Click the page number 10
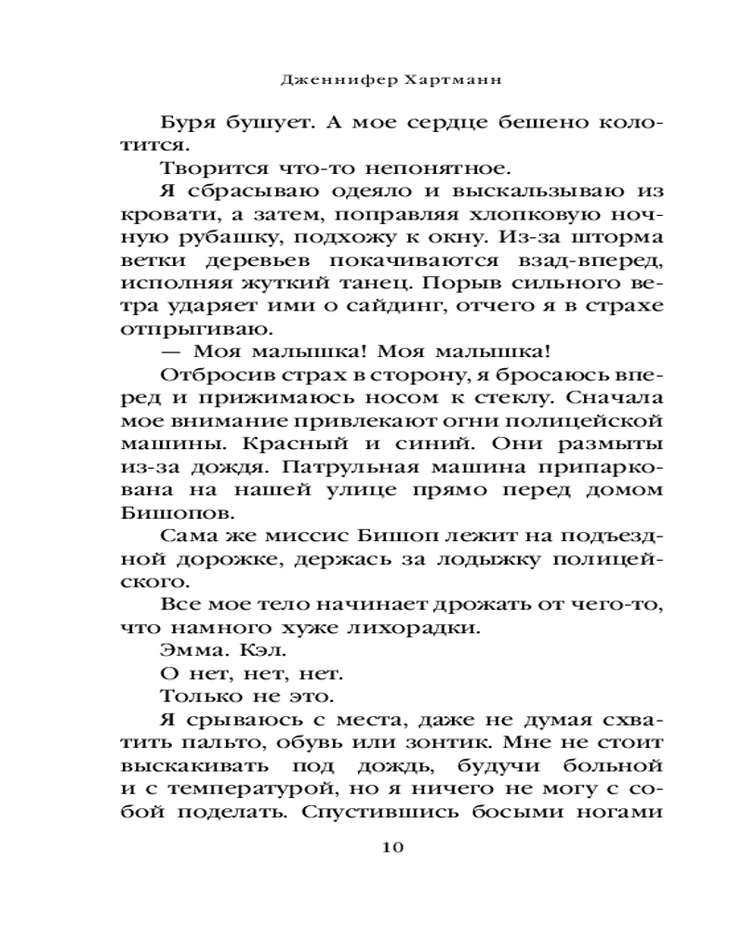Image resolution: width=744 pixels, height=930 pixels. click(392, 847)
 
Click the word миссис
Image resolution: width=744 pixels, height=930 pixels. click(322, 538)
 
